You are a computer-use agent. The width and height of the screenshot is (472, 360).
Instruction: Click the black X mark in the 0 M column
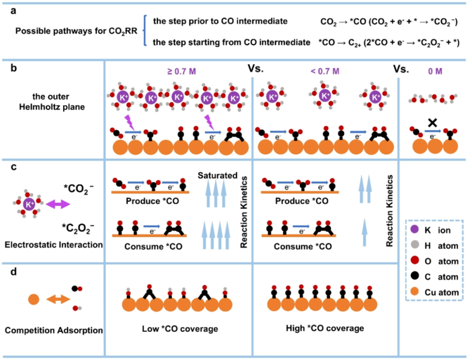click(433, 122)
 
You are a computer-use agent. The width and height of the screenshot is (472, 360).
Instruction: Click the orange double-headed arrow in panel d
click(58, 300)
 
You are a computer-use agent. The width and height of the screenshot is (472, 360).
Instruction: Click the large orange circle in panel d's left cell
click(34, 300)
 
